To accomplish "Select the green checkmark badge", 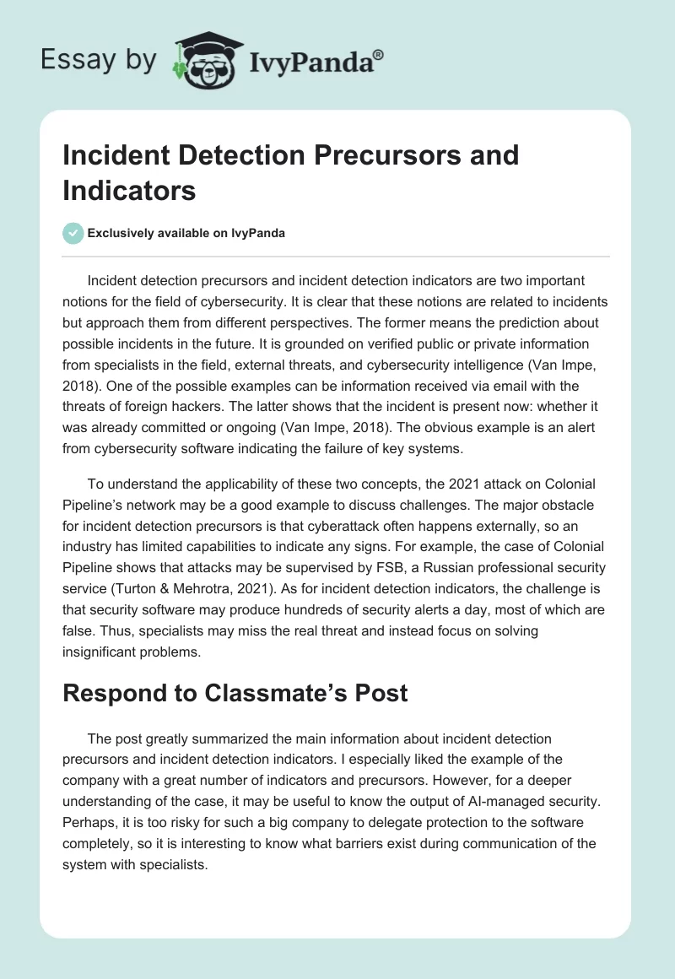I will pyautogui.click(x=73, y=233).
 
